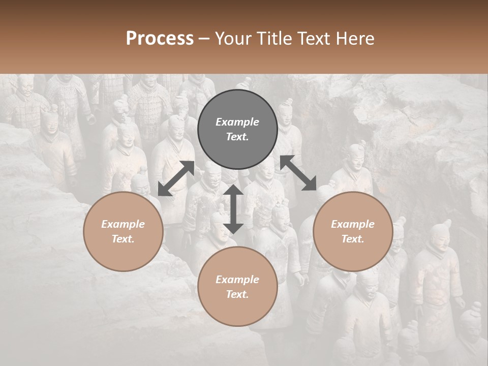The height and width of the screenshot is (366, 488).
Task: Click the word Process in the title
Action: (160, 38)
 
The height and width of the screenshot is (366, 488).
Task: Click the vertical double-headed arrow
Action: (233, 209)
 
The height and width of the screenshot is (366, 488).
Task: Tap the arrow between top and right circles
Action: (298, 173)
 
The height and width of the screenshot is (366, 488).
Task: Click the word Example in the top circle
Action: (237, 122)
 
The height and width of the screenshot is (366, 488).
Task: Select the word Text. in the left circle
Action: (123, 239)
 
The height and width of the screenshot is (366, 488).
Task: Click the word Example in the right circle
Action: (353, 224)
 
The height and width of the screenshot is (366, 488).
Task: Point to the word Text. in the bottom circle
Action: (237, 294)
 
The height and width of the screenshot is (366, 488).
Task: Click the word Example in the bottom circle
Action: (237, 280)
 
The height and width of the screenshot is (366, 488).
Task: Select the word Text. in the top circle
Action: (237, 137)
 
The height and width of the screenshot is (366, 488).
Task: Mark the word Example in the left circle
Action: (123, 224)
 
